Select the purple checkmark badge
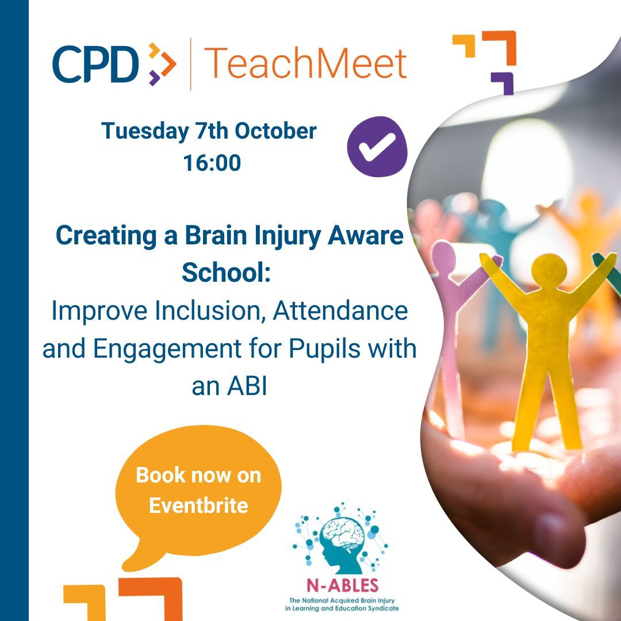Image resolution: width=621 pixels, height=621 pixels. pyautogui.click(x=377, y=147)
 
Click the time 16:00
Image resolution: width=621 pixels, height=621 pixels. pyautogui.click(x=212, y=163)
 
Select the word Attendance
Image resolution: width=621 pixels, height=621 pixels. pyautogui.click(x=340, y=312)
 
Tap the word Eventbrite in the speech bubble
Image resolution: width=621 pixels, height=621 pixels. pyautogui.click(x=198, y=505)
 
